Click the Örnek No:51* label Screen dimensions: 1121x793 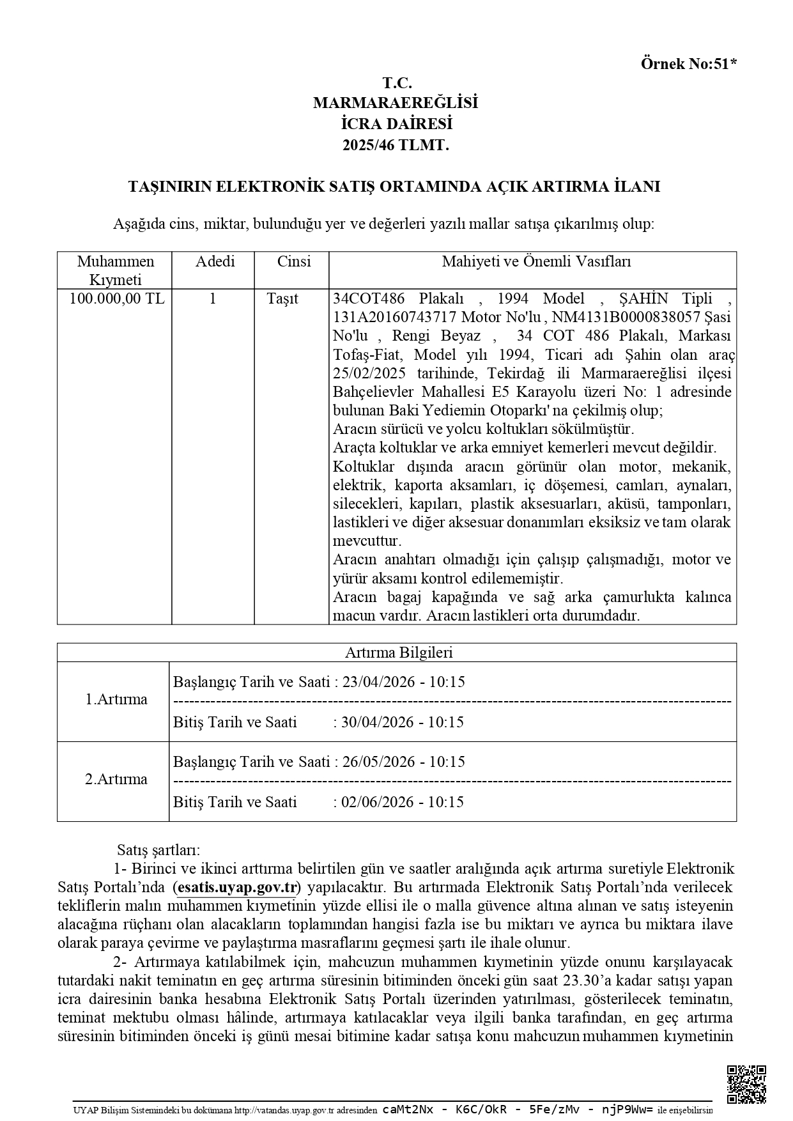pos(688,64)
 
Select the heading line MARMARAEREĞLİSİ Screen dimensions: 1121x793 pos(396,103)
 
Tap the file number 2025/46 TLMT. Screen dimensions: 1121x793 pos(396,146)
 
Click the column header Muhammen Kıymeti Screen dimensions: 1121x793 pos(115,270)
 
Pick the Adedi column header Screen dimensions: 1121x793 pos(215,261)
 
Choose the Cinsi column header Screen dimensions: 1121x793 pos(294,261)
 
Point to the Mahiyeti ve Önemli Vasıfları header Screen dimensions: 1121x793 pos(536,261)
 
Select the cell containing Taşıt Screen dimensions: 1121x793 pos(282,298)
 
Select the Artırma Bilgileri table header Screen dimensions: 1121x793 pos(399,653)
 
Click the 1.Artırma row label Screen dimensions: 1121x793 pos(116,700)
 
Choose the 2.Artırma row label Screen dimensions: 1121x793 pos(116,780)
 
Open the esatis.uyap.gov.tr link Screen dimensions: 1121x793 pos(236,888)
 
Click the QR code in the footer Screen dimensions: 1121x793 pos(746,1083)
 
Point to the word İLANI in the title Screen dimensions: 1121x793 pos(636,187)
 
